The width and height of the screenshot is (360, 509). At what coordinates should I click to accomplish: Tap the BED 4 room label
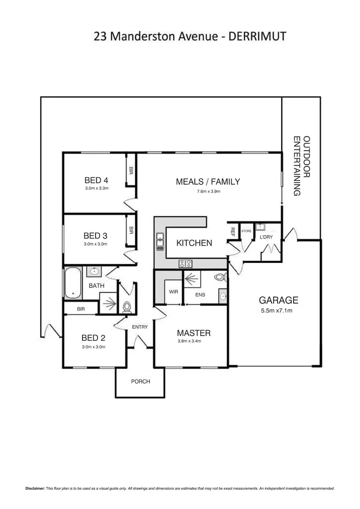tap(96, 180)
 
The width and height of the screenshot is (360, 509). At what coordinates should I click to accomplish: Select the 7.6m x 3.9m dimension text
tap(209, 191)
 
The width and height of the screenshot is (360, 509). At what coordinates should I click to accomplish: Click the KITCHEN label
tap(194, 243)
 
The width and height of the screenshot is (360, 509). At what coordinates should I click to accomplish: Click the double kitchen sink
tap(160, 241)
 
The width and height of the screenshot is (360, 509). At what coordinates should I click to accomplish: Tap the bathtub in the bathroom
tap(73, 283)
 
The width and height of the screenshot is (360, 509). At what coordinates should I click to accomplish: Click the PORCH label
tap(140, 381)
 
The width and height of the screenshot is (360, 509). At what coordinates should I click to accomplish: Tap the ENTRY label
tap(140, 327)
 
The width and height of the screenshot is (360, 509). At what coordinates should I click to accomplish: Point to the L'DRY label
tap(266, 237)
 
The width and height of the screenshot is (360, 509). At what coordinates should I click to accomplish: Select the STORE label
tap(246, 231)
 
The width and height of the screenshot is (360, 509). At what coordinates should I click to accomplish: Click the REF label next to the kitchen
tap(233, 231)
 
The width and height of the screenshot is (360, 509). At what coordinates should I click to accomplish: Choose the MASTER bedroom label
tap(194, 333)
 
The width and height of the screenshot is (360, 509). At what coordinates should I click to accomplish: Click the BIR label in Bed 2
tap(81, 309)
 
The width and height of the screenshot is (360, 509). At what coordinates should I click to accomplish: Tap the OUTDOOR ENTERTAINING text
tap(302, 166)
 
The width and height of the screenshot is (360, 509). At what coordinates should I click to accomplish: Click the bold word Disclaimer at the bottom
tap(35, 489)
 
